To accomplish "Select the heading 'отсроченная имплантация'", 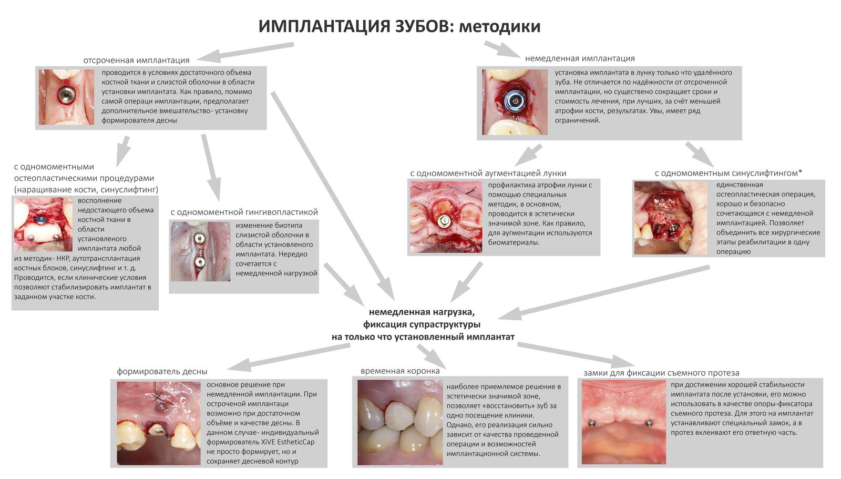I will coord(136,60).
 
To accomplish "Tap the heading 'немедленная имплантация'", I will coord(580,58).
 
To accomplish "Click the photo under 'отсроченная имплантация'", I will coord(66,97).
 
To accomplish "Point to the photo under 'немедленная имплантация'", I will coord(515,101).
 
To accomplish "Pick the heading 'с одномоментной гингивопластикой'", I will coord(244,212).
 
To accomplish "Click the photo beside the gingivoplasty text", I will coord(200,251).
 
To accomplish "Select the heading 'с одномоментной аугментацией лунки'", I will coord(488,173).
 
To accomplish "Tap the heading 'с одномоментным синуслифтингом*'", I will coord(728,173).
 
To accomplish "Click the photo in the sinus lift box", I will coord(670,218).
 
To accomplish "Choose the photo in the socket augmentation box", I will coord(445,217).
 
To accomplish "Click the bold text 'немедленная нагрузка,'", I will coord(422,312).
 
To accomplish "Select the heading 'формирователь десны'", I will coord(162,371).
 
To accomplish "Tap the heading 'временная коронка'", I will coord(400,371).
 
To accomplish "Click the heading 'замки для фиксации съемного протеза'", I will coord(661,373).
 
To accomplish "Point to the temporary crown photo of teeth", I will coord(399,422).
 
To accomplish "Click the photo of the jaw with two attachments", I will coord(623,422).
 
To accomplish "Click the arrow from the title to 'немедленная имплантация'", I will coord(500,49).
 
